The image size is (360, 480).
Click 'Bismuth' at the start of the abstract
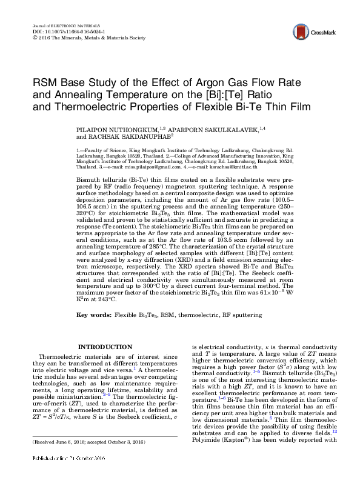89,180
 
